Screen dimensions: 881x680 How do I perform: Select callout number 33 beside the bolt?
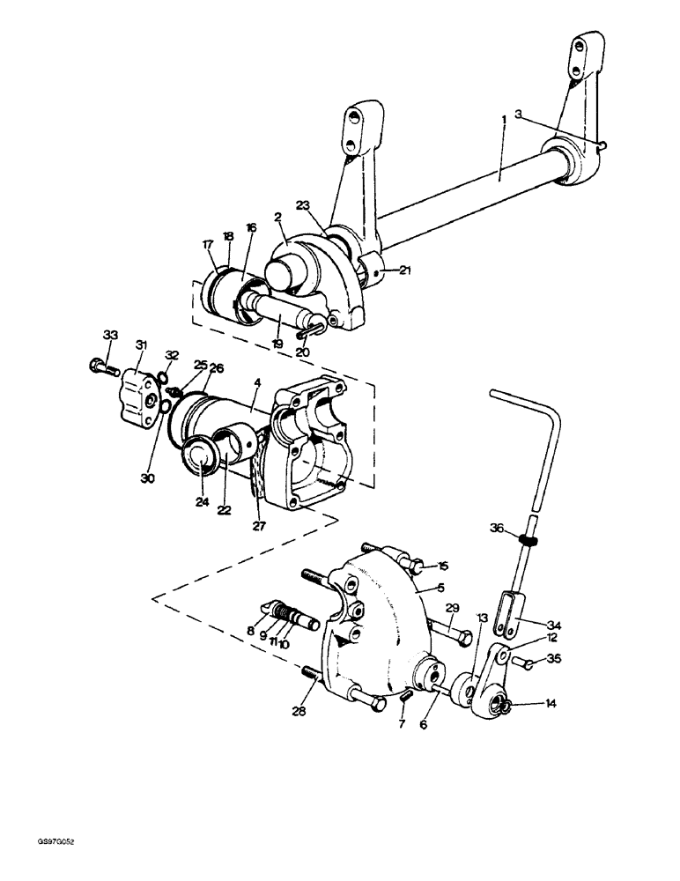click(x=110, y=335)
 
